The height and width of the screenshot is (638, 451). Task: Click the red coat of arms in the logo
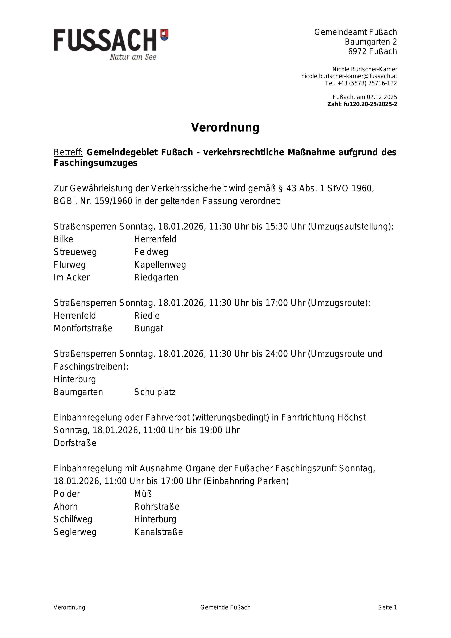(x=164, y=35)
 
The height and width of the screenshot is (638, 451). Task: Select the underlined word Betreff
(x=68, y=152)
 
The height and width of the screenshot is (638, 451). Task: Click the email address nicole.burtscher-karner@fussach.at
(x=349, y=76)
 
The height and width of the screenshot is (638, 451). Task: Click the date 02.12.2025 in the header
(x=382, y=97)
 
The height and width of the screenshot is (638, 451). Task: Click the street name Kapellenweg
(x=160, y=265)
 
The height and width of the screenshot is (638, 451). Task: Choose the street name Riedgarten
(x=156, y=278)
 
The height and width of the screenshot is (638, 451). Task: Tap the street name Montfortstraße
(x=83, y=328)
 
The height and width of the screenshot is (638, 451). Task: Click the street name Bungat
(x=149, y=328)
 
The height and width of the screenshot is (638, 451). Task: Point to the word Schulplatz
(x=155, y=392)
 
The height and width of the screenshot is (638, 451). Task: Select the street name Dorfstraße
(x=75, y=443)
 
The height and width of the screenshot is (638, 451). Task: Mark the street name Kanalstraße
(x=158, y=532)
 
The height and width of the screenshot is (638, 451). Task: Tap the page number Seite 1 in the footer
(x=387, y=607)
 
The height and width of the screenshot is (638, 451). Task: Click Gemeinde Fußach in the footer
(x=225, y=607)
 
